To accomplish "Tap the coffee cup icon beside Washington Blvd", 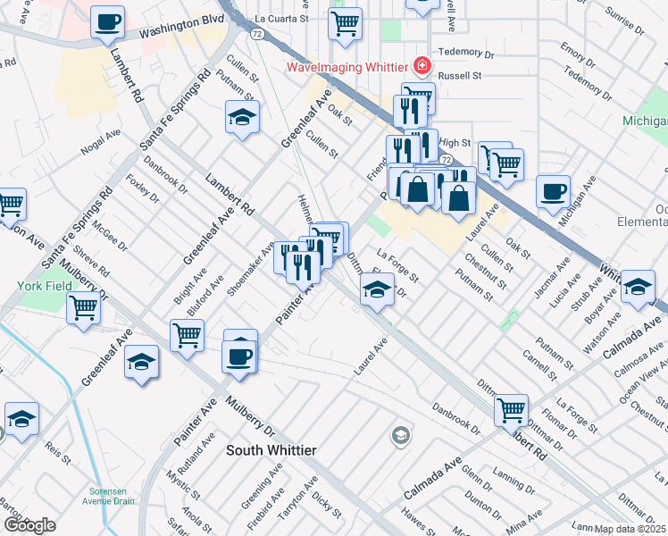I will [107, 22].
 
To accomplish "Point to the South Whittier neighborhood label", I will [271, 450].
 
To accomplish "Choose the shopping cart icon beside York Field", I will [83, 308].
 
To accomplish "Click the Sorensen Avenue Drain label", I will [112, 496].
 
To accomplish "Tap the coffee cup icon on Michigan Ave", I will [553, 190].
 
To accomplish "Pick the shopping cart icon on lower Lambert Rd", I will [511, 410].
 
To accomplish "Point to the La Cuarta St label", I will [281, 17].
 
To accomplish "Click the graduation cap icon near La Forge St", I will [377, 289].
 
